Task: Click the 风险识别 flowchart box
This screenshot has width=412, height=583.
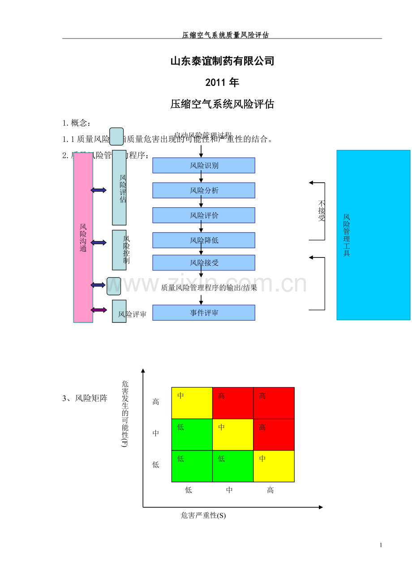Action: [204, 165]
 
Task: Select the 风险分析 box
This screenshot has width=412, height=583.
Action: [204, 190]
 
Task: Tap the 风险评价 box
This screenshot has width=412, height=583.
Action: [204, 215]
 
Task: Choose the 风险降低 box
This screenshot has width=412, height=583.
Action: [204, 240]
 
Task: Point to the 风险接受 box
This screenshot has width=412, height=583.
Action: [204, 263]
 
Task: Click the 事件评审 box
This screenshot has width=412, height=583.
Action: [204, 313]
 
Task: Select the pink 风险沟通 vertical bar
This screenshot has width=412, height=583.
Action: [83, 238]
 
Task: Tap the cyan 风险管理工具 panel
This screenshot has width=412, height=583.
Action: [373, 235]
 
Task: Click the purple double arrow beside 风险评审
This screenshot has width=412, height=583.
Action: [99, 310]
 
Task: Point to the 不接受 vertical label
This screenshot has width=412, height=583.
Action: [322, 210]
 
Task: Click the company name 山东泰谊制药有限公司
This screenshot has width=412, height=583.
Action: [222, 61]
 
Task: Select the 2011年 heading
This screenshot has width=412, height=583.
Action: [222, 82]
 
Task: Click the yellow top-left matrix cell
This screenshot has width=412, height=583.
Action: [192, 403]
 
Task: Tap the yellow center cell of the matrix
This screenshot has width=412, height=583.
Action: [233, 434]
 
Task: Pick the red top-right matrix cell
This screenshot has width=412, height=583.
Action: [274, 403]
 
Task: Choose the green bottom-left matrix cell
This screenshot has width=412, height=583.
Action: [192, 466]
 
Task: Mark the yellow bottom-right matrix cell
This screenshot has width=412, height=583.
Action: [274, 466]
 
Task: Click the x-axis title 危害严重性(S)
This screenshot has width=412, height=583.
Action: [203, 515]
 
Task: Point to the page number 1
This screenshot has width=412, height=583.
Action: [381, 545]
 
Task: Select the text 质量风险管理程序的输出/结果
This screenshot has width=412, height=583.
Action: [209, 288]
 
